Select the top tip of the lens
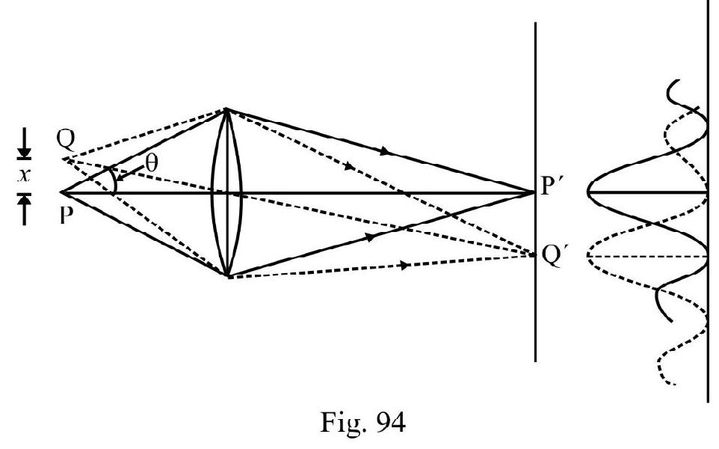[226, 110]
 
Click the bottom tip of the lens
[226, 275]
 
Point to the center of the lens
[226, 192]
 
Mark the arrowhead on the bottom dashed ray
[404, 266]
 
